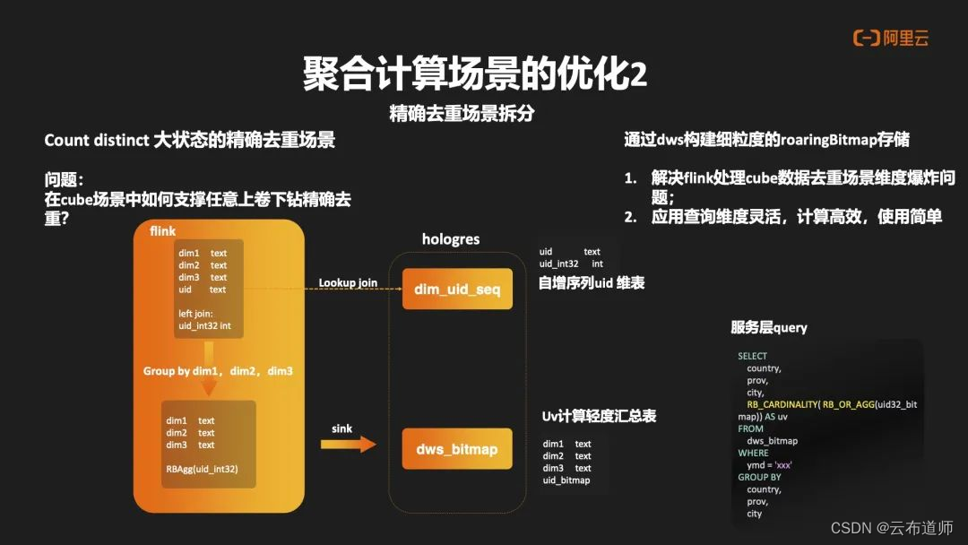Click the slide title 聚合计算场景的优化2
(x=475, y=74)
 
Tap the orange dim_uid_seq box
(x=457, y=289)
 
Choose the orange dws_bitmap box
(x=457, y=449)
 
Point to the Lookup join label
(x=348, y=283)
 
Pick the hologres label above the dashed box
(x=451, y=239)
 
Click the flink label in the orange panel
(x=163, y=231)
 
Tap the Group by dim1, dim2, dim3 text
(x=218, y=371)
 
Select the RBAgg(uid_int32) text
(x=202, y=469)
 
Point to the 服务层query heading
(x=769, y=328)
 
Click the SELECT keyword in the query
(x=753, y=356)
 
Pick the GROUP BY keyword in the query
(x=759, y=478)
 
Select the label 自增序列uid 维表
(x=592, y=283)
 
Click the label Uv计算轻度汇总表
(x=599, y=417)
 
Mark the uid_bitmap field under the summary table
(x=566, y=480)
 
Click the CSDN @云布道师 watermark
(x=892, y=527)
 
